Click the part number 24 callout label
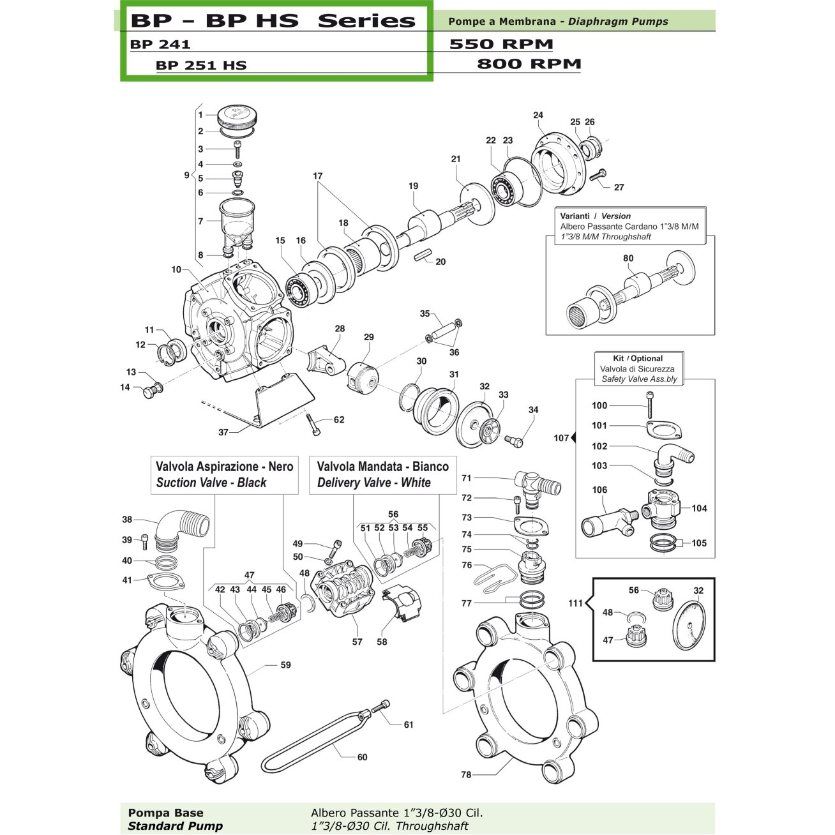pos(538,116)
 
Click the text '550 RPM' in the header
pos(501,44)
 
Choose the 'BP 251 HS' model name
pos(201,65)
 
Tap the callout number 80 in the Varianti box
pos(628,259)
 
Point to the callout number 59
pos(285,665)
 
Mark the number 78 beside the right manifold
pos(466,774)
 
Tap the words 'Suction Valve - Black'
pos(211,483)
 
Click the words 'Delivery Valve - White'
pos(373,483)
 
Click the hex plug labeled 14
pos(153,391)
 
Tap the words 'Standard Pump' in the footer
pos(175,826)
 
